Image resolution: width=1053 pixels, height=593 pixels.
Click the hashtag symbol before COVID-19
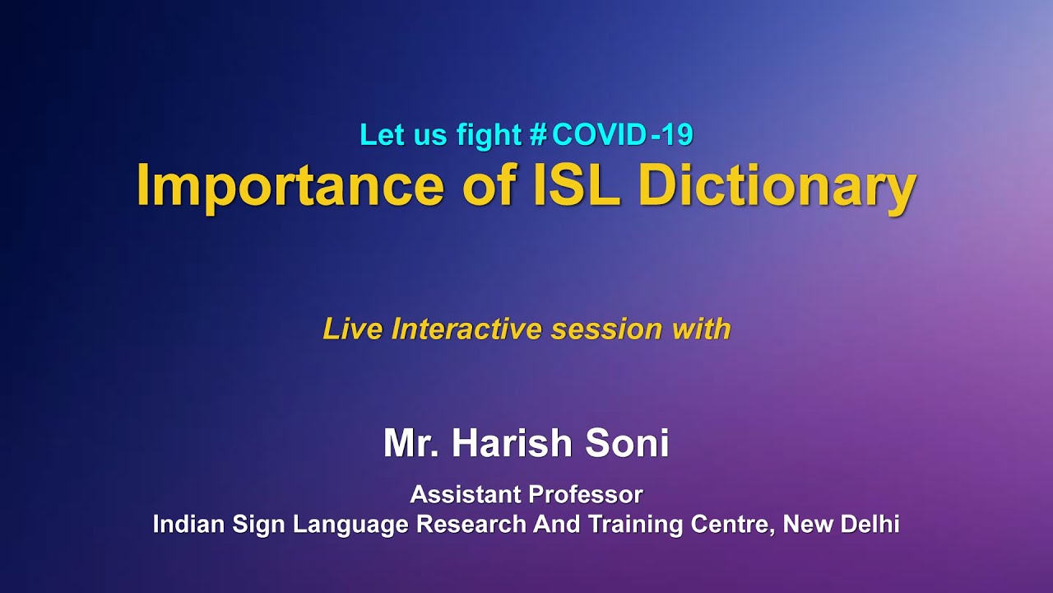(539, 134)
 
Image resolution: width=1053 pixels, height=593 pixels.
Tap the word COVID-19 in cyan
(623, 134)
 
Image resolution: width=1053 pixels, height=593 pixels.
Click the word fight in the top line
(489, 134)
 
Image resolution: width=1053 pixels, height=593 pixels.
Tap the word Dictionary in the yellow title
(777, 185)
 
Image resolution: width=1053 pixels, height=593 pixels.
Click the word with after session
(701, 329)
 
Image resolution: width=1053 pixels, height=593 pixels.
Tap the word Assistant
(465, 495)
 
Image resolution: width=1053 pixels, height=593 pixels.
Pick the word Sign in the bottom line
(255, 525)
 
